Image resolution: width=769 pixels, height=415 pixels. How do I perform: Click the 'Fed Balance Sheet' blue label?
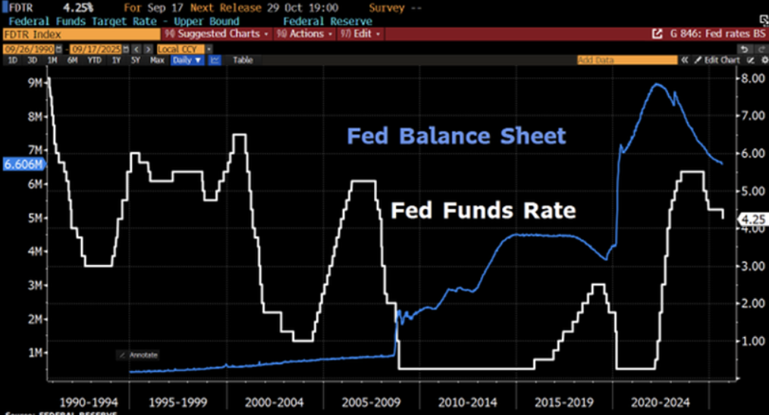457,136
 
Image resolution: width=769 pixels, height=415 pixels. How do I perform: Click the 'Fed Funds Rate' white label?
483,210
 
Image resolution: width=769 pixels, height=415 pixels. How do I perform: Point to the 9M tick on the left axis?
34,83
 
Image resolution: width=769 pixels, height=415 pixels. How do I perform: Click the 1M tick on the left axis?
34,352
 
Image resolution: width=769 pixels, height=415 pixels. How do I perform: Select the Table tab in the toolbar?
243,60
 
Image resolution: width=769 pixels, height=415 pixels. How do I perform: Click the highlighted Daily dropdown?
187,60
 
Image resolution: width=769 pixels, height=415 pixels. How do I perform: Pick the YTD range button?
94,60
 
